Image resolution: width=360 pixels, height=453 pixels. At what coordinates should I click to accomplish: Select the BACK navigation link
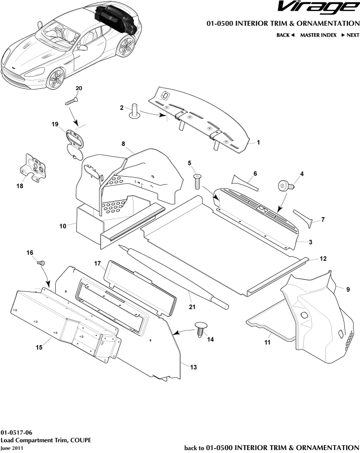click(x=286, y=35)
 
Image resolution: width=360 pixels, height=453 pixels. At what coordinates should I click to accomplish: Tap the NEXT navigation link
click(x=350, y=35)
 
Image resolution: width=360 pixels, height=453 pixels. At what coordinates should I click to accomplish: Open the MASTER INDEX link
click(x=318, y=35)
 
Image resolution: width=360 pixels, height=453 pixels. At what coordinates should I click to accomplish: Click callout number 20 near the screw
click(x=79, y=88)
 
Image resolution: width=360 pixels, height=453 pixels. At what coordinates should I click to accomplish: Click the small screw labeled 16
click(x=41, y=263)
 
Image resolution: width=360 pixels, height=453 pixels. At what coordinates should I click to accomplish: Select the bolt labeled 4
click(x=285, y=186)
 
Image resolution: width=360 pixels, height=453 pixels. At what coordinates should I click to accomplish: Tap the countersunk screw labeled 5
click(x=197, y=182)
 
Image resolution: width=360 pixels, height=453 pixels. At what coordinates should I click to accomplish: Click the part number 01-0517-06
click(x=17, y=433)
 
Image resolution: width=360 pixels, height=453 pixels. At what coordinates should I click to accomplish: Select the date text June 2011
click(x=11, y=448)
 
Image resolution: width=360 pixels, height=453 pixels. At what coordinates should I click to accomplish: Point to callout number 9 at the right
click(x=348, y=289)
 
